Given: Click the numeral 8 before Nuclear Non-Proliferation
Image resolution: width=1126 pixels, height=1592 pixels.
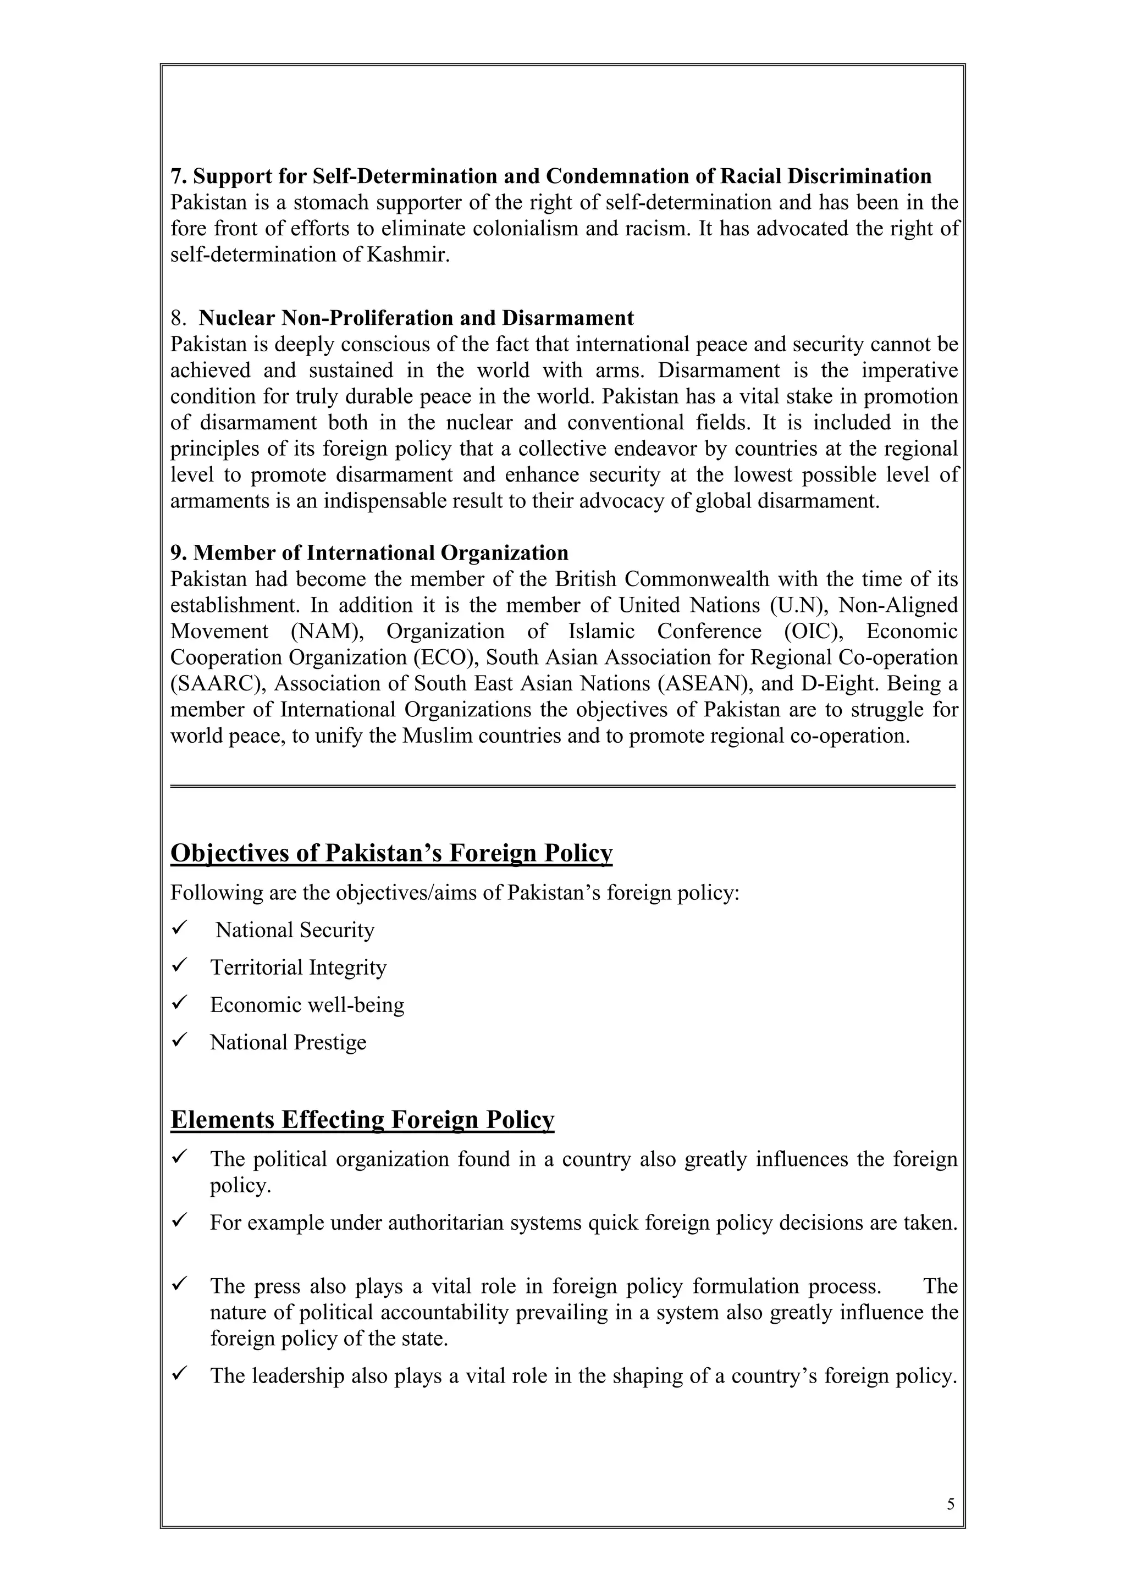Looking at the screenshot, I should (x=178, y=318).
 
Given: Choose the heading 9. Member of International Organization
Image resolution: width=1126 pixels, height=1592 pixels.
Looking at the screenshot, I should (x=369, y=552).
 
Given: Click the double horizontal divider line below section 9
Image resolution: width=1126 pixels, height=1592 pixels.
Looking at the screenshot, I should (x=562, y=786).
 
